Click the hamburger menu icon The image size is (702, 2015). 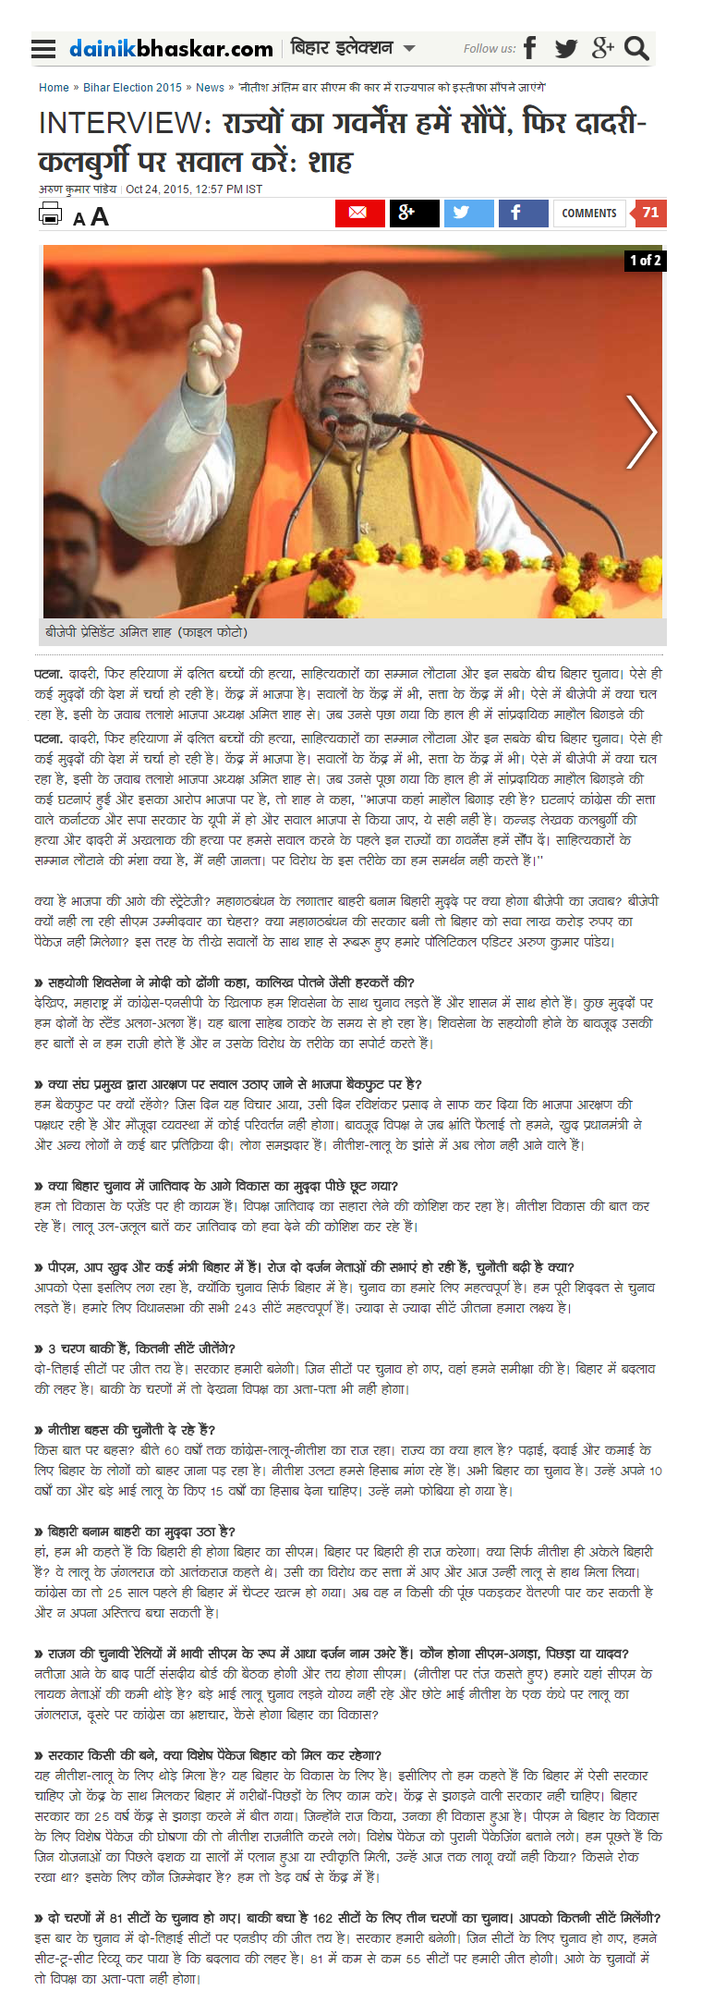click(x=42, y=49)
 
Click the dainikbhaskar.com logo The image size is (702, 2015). click(x=171, y=49)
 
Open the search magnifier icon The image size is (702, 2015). click(x=636, y=48)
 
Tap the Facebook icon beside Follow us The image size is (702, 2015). click(x=529, y=48)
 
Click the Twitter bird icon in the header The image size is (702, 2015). click(x=565, y=48)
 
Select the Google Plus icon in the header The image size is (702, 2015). click(x=602, y=48)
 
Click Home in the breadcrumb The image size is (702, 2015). click(x=54, y=88)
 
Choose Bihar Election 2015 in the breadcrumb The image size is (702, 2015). click(x=132, y=88)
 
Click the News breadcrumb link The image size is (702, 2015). click(x=210, y=88)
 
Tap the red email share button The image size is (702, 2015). click(x=359, y=213)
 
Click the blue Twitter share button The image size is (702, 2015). click(x=468, y=213)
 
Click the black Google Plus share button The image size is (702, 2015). click(x=414, y=213)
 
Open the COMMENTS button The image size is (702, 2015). click(x=588, y=213)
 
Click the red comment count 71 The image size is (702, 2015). click(x=649, y=213)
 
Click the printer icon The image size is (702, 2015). click(x=50, y=214)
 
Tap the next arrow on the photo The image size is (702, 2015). click(x=640, y=432)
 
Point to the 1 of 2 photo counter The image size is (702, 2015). click(x=645, y=260)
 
